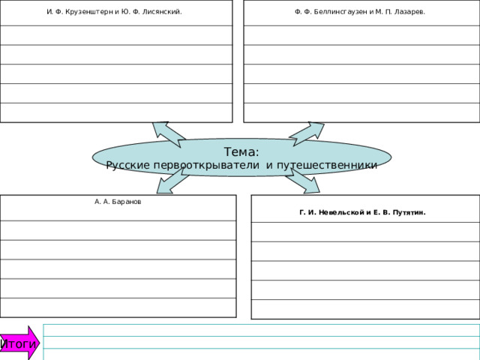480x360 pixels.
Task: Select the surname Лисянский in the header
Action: tap(162, 12)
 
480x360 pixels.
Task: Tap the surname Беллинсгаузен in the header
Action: tap(340, 12)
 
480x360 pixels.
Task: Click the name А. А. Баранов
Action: tap(118, 202)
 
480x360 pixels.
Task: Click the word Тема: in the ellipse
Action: tap(241, 151)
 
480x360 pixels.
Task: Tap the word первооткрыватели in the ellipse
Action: tap(206, 165)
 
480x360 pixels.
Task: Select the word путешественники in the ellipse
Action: tap(327, 165)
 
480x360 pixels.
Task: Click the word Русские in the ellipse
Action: tap(128, 165)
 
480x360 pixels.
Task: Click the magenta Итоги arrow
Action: tap(19, 343)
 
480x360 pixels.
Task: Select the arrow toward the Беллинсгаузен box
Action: tap(307, 133)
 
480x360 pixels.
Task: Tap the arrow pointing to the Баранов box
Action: tap(172, 181)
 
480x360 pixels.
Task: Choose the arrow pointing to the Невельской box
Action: tap(303, 181)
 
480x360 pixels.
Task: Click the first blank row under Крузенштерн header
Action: tap(116, 35)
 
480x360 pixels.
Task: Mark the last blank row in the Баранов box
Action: tap(118, 307)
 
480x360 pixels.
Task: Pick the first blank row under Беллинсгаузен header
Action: tap(361, 35)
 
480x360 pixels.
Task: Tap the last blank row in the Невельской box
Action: tap(365, 309)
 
